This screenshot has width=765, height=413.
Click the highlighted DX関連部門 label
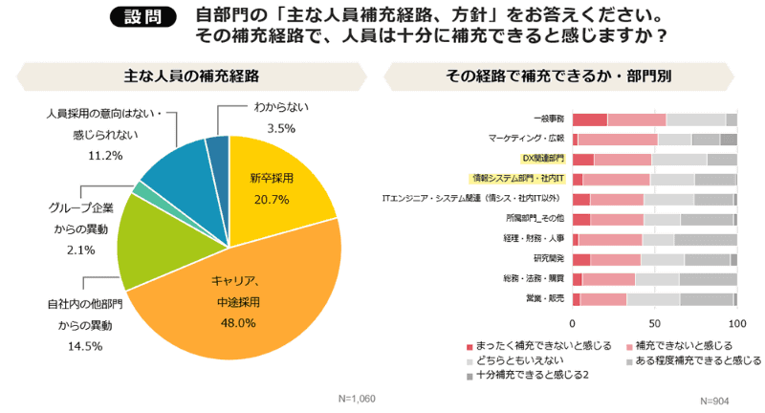(x=542, y=159)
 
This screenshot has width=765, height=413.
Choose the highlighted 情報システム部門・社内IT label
(x=517, y=179)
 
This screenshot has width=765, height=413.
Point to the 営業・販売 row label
(x=548, y=298)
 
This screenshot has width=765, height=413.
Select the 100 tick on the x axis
(x=735, y=323)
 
